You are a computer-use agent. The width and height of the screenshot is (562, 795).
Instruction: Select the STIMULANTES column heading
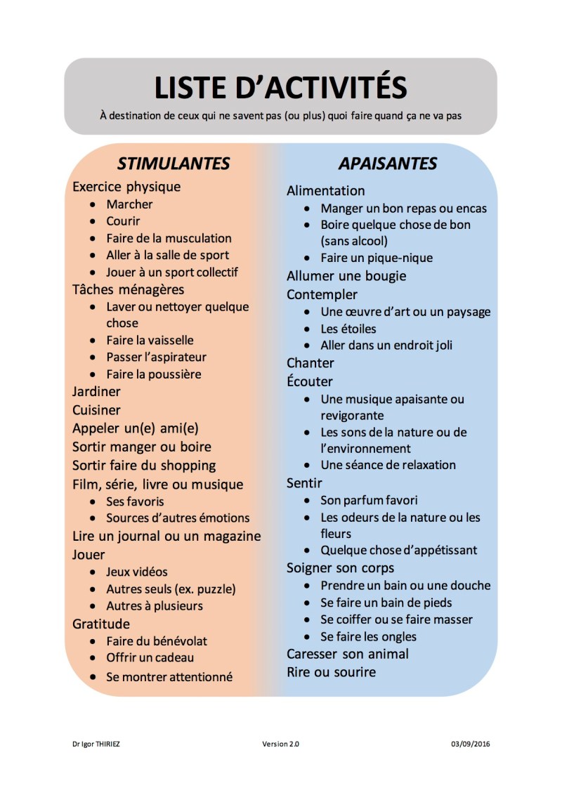point(174,164)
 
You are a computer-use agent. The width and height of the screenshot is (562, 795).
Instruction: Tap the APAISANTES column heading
point(388,164)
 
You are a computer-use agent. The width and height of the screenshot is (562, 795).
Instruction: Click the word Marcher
point(129,204)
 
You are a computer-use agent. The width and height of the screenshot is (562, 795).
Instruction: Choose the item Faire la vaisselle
point(150,340)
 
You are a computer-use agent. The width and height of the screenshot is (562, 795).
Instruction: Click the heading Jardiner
point(96,392)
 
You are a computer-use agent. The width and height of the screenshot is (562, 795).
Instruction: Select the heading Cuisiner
point(96,410)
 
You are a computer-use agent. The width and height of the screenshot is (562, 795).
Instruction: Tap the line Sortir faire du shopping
point(144,466)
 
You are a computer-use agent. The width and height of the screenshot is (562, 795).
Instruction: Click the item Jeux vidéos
point(137,572)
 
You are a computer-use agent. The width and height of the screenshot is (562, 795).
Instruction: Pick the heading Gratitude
point(101,624)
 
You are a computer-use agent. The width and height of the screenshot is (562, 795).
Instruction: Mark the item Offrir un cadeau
point(150,658)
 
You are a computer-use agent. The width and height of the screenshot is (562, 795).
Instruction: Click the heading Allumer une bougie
point(346,276)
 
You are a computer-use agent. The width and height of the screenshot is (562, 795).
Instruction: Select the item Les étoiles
point(348,329)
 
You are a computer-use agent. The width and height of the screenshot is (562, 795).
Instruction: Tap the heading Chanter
point(311,363)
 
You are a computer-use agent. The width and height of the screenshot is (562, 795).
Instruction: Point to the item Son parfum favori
point(369,501)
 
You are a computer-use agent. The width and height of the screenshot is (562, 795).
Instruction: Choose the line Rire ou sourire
point(331,672)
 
